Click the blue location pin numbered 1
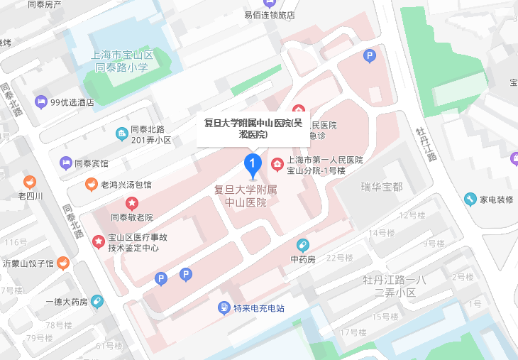[x=251, y=165]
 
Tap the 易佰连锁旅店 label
[x=269, y=15]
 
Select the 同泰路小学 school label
[x=122, y=69]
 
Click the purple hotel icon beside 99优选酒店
[x=41, y=102]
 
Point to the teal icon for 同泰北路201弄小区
[x=123, y=133]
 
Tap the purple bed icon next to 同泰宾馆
[x=66, y=163]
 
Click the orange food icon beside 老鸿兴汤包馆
[x=92, y=185]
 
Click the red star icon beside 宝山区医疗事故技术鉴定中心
[x=98, y=242]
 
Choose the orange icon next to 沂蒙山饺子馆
[x=63, y=263]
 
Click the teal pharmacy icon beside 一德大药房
[x=97, y=301]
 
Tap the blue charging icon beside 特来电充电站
[x=224, y=308]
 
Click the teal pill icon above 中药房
[x=303, y=246]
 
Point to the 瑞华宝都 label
[x=381, y=187]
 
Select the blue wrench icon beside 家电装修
[x=470, y=199]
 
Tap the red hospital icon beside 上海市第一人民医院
[x=277, y=165]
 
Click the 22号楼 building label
[x=339, y=257]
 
